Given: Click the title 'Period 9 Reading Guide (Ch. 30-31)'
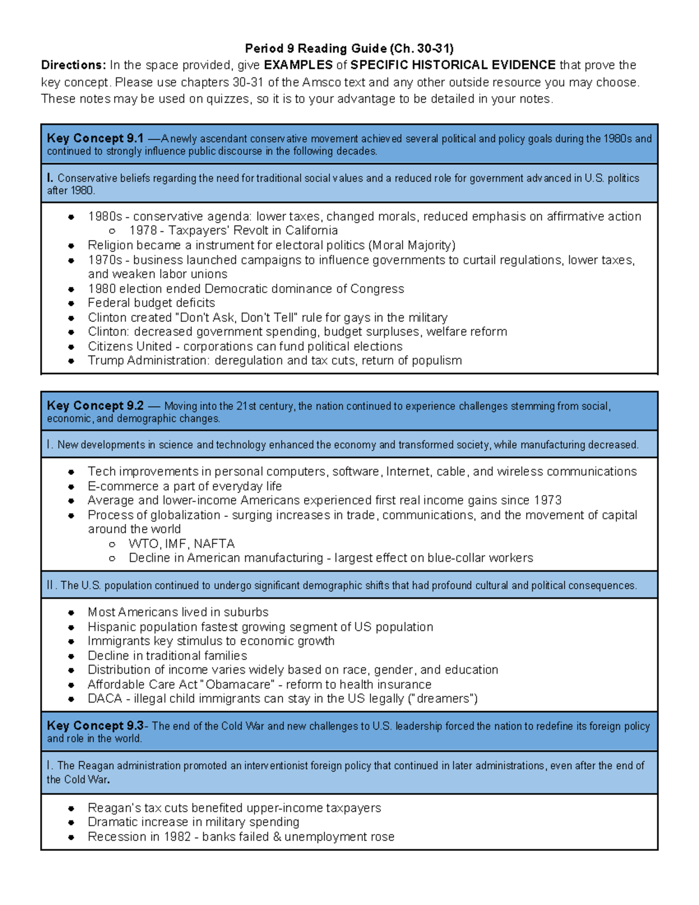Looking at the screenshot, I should pos(349,48).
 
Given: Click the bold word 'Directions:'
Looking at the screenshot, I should pos(73,65).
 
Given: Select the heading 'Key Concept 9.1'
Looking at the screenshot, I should pos(95,139).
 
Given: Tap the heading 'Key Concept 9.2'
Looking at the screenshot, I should pos(95,406).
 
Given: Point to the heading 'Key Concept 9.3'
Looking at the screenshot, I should pos(95,726).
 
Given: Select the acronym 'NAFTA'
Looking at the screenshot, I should pos(214,544).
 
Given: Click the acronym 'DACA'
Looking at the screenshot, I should pos(105,699).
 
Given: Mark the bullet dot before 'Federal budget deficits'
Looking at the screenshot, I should pos(71,304).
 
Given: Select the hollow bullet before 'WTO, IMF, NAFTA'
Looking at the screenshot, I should pos(112,544).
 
